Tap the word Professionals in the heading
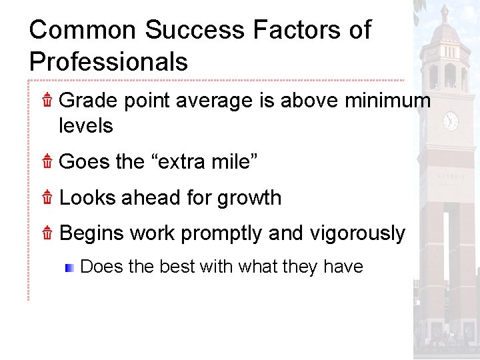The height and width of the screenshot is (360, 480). pos(109,62)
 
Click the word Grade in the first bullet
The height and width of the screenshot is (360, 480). pos(88,101)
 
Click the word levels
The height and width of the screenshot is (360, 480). pos(86,125)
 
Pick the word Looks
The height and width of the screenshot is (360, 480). pos(87,198)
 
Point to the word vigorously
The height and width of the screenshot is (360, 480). pos(357,234)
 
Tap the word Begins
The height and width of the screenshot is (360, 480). pos(92,234)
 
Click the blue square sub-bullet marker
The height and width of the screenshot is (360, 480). pos(69,268)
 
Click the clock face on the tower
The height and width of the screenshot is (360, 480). pos(451,121)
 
